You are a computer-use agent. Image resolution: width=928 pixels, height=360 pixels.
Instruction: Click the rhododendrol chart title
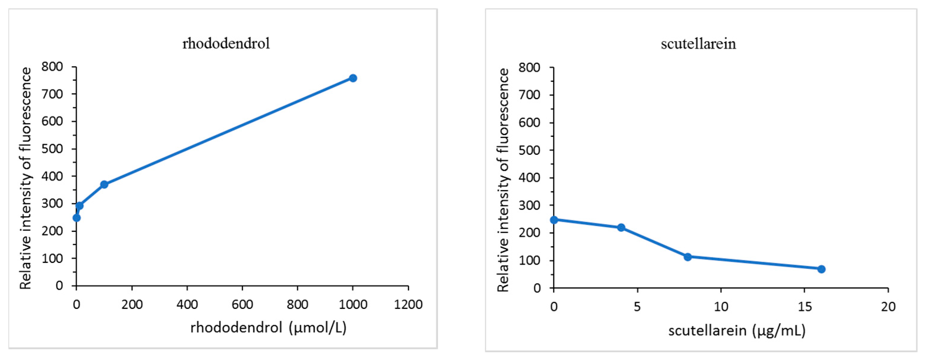[x=226, y=44]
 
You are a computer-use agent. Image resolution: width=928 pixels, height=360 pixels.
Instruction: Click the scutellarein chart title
[x=698, y=44]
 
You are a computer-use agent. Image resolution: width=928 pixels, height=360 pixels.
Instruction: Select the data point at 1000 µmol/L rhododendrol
[x=353, y=78]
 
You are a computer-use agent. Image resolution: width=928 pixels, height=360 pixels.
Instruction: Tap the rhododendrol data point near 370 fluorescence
[x=104, y=185]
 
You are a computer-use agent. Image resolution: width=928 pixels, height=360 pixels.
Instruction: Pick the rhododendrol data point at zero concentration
[x=76, y=218]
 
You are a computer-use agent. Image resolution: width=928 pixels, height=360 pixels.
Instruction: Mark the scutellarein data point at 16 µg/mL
[x=821, y=269]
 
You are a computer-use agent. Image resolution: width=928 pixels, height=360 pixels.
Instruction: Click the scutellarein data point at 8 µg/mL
[x=687, y=257]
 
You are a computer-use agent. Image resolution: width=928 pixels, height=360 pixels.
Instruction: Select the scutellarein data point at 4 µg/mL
[x=621, y=227]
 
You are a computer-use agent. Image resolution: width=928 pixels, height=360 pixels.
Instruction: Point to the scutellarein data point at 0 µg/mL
[x=554, y=220]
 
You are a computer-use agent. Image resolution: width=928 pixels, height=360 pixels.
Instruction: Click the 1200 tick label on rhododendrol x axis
[x=408, y=305]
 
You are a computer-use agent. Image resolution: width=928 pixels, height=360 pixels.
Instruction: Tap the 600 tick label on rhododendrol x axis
[x=242, y=305]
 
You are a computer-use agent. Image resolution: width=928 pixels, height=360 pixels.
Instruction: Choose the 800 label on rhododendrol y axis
[x=52, y=67]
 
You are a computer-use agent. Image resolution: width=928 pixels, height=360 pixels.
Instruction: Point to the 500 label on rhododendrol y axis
[x=52, y=149]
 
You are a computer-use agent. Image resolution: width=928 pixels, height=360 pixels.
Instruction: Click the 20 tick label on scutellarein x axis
[x=888, y=307]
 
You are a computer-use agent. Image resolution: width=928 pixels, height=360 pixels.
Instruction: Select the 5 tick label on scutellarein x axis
[x=637, y=307]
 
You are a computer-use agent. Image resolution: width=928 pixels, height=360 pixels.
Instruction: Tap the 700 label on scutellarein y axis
[x=529, y=95]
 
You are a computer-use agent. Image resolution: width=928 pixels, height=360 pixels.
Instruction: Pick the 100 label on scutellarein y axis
[x=529, y=261]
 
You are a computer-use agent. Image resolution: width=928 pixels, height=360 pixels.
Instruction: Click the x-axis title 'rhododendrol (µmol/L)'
[x=268, y=327]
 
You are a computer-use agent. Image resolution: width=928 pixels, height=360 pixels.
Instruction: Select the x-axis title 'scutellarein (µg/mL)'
[x=737, y=330]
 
